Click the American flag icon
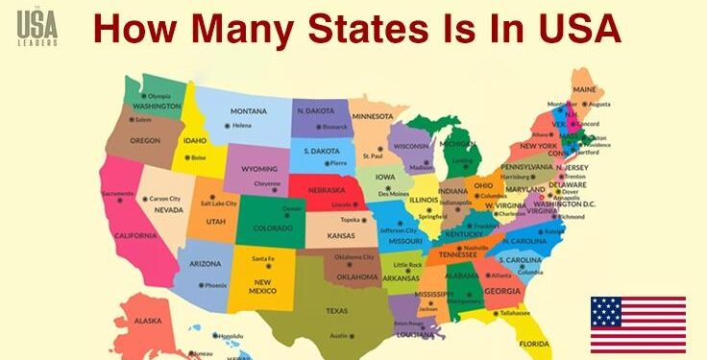click(638, 324)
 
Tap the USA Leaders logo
click(37, 28)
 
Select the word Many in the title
click(207, 29)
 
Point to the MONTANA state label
click(248, 110)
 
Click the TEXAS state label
click(336, 310)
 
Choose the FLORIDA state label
click(534, 343)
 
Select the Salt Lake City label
click(219, 204)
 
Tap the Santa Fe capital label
click(264, 259)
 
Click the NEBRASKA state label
click(329, 189)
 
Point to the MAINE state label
click(584, 89)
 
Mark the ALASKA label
click(147, 320)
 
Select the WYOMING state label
click(258, 168)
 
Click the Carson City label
click(165, 199)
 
